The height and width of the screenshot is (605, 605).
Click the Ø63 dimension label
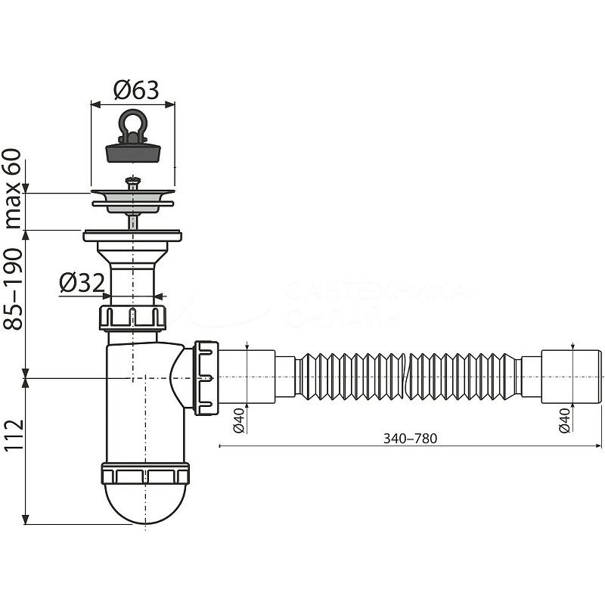click(136, 91)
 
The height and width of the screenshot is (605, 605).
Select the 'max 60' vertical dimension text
click(13, 190)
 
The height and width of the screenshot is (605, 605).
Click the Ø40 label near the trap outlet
click(237, 420)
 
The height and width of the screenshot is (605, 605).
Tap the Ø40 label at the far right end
click(563, 420)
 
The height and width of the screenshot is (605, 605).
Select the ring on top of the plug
click(133, 122)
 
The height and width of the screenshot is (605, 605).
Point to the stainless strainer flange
click(133, 199)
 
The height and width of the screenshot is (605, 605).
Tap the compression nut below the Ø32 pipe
click(132, 317)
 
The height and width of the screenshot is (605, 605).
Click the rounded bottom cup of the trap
click(144, 503)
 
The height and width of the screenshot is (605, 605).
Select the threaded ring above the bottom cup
click(144, 476)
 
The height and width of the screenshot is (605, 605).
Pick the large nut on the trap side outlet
click(206, 377)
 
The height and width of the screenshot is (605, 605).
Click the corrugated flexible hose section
click(408, 376)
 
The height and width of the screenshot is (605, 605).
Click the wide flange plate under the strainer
click(133, 236)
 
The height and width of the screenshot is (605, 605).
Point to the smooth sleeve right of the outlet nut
click(247, 376)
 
